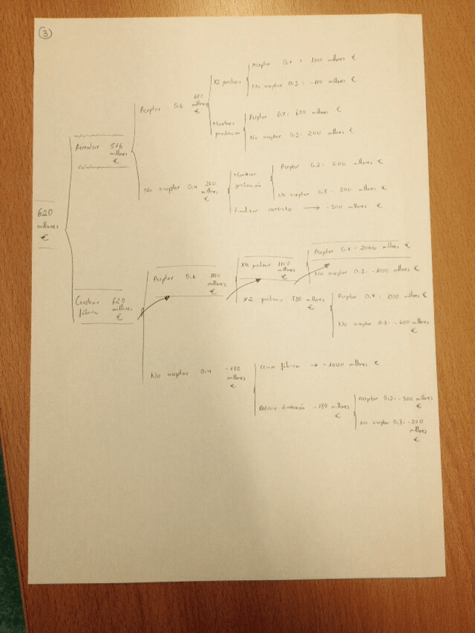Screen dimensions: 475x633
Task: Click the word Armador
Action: coord(87,147)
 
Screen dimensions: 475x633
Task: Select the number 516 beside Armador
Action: coord(116,147)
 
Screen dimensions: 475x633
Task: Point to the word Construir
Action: coord(88,302)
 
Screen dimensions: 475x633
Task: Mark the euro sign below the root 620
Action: coord(45,239)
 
